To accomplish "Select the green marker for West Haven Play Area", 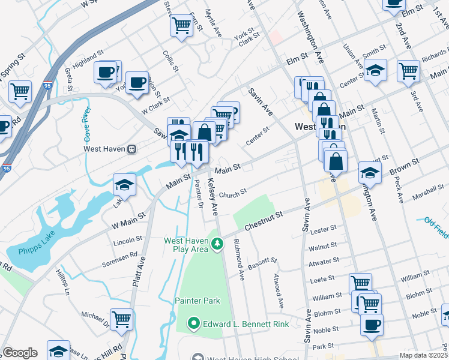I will coord(217,244).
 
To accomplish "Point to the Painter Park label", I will coord(197,301).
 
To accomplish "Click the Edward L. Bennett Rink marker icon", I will coord(193,324).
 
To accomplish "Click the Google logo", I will coord(20,353).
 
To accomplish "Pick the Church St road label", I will coord(233,194).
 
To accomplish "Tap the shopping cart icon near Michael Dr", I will coord(121,317).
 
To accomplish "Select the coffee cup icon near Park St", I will coord(372,325).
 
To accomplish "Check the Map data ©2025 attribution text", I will coord(423,355).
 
